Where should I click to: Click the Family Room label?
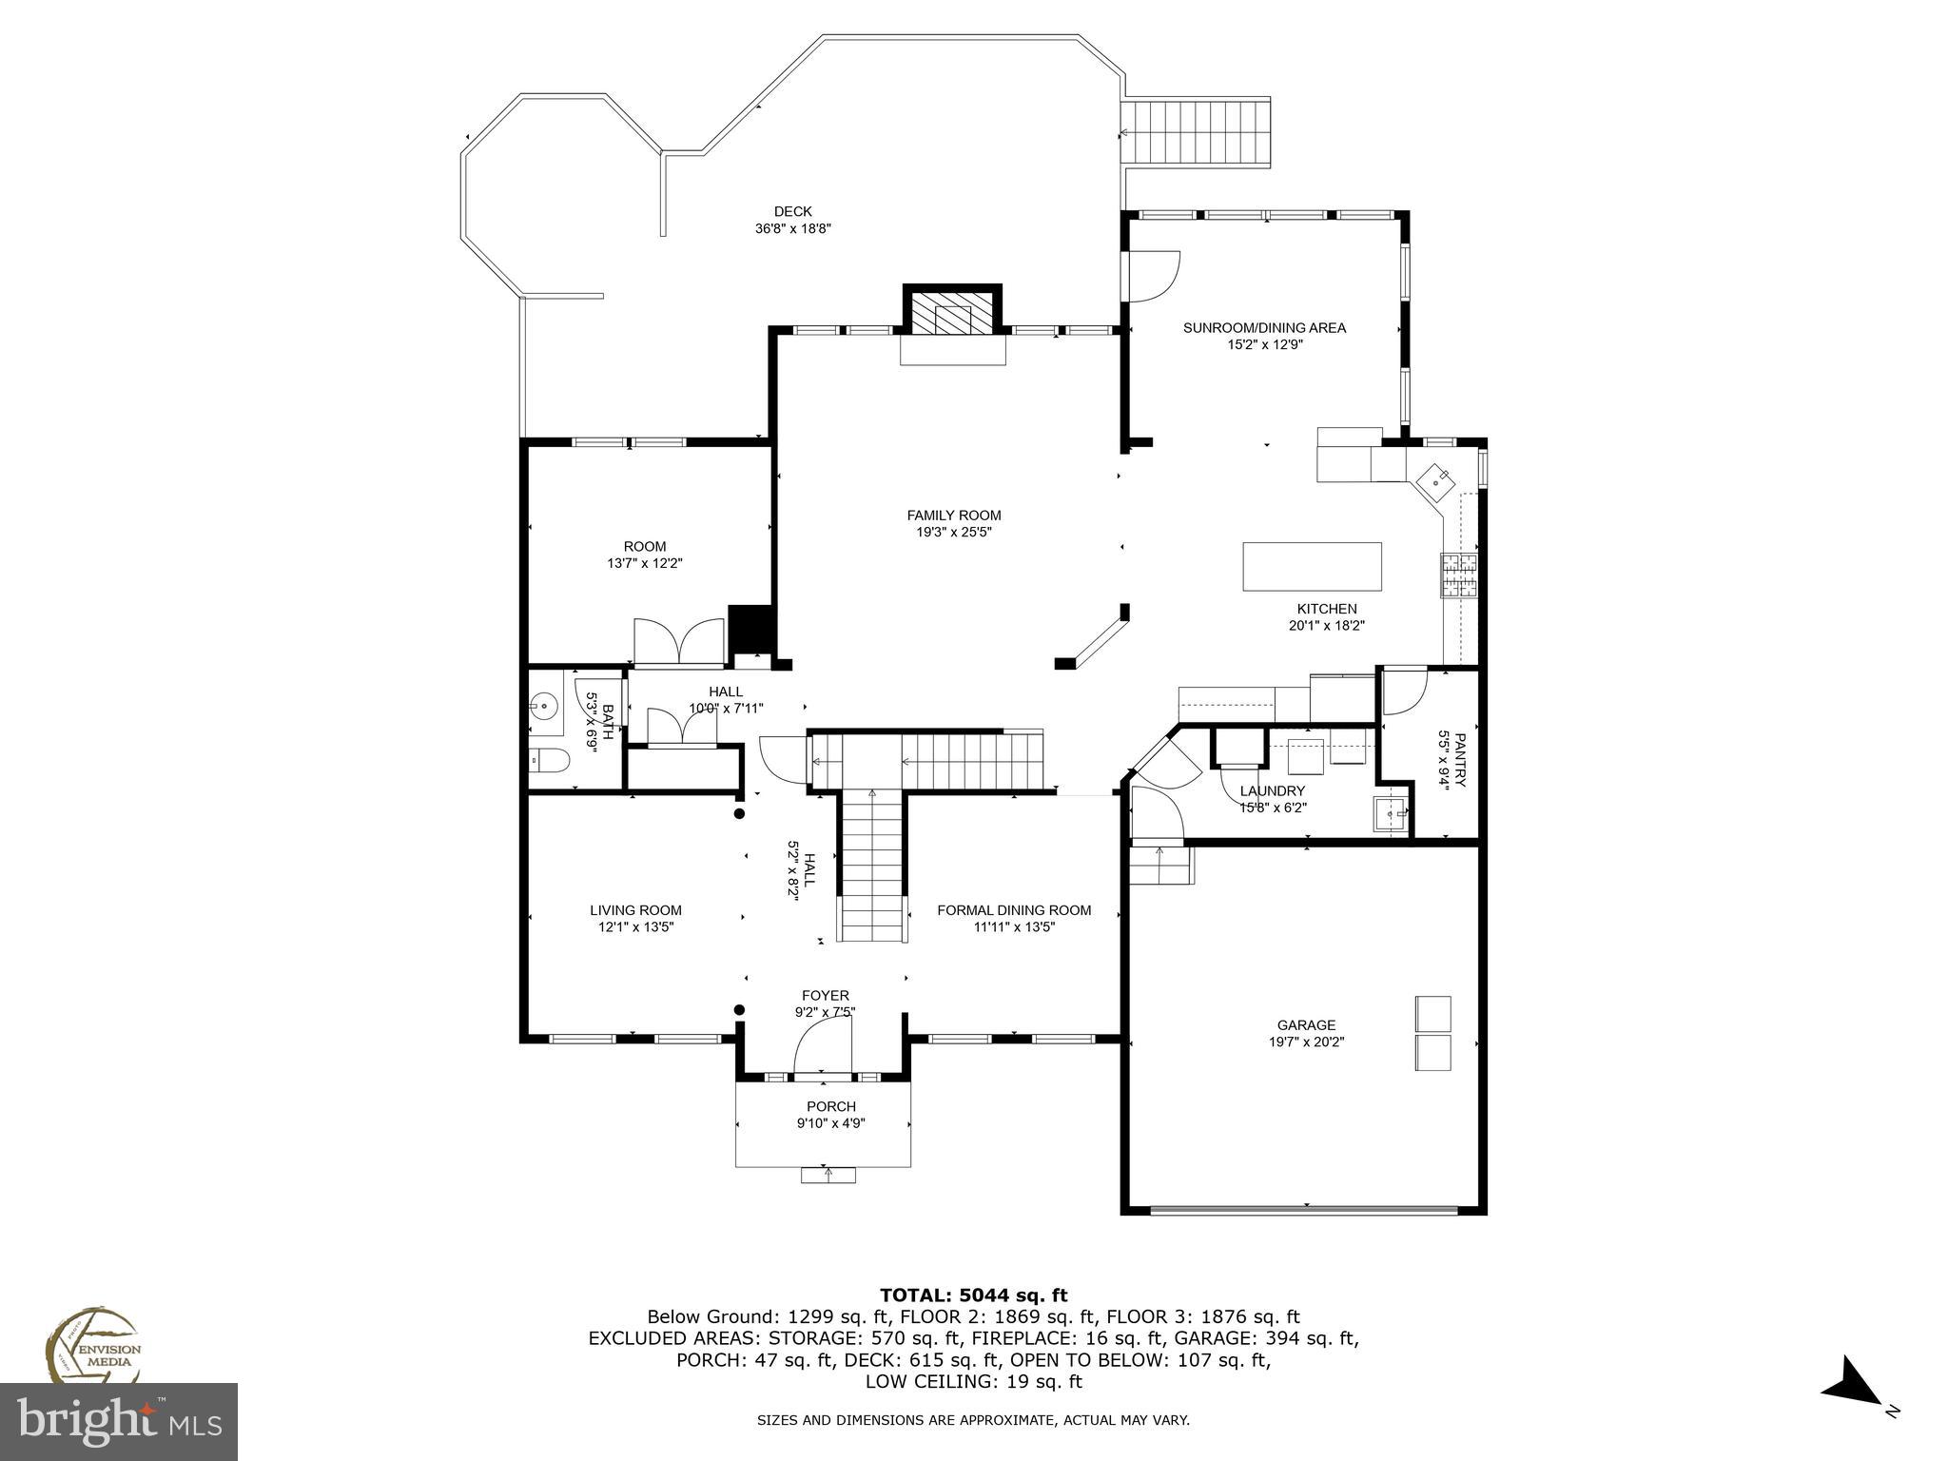(953, 516)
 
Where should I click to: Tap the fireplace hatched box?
(952, 312)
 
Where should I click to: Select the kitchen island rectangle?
(1312, 567)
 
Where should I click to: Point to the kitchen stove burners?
(1460, 575)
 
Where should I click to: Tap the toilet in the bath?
(548, 761)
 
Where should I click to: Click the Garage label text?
(1306, 1025)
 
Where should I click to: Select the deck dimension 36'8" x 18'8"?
(792, 228)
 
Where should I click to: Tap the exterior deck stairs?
(1196, 132)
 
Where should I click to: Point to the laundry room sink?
(1390, 815)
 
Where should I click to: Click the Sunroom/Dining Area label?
(1264, 328)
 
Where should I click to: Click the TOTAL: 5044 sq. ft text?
(973, 1295)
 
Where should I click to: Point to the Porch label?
(830, 1106)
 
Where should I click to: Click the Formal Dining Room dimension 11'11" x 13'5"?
(1014, 927)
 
